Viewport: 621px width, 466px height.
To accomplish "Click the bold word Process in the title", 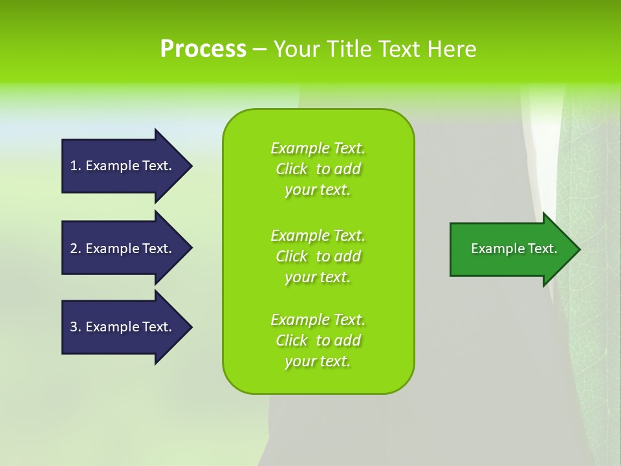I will pyautogui.click(x=203, y=49).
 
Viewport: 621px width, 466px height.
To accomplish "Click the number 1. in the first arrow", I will pyautogui.click(x=76, y=166).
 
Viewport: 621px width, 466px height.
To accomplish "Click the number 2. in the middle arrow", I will pyautogui.click(x=76, y=249).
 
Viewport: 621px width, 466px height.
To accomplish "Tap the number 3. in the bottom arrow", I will pyautogui.click(x=76, y=327).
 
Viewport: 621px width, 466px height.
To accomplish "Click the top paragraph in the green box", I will pyautogui.click(x=318, y=169).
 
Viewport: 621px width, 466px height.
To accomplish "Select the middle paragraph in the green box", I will pyautogui.click(x=318, y=256).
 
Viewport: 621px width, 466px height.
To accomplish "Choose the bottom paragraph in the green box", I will pyautogui.click(x=318, y=340).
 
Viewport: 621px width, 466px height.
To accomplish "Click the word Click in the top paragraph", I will pyautogui.click(x=291, y=169).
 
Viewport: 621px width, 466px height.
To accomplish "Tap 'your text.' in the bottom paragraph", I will pyautogui.click(x=318, y=361).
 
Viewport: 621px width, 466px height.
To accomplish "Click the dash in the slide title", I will pyautogui.click(x=259, y=50).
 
